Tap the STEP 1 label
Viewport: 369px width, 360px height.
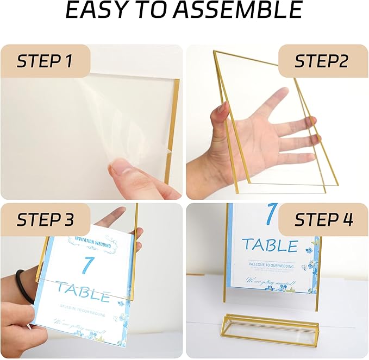(x=45, y=61)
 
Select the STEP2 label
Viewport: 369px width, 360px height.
(x=321, y=61)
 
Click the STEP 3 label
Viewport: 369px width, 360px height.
(x=45, y=220)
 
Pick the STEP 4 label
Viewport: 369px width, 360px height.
(x=323, y=220)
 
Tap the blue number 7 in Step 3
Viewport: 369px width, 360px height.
(x=87, y=266)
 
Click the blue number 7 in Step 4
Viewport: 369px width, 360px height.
(x=271, y=214)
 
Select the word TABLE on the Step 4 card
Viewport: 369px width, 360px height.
(x=270, y=245)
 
